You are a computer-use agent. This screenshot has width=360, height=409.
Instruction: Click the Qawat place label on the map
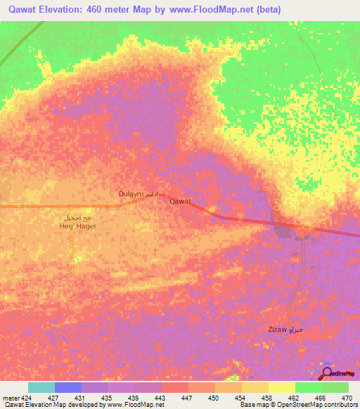[181, 201]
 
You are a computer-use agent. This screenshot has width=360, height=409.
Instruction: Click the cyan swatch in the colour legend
[41, 387]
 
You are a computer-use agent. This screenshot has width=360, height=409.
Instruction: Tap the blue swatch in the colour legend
[68, 387]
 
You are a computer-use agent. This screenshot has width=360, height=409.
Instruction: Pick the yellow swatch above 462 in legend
[281, 387]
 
